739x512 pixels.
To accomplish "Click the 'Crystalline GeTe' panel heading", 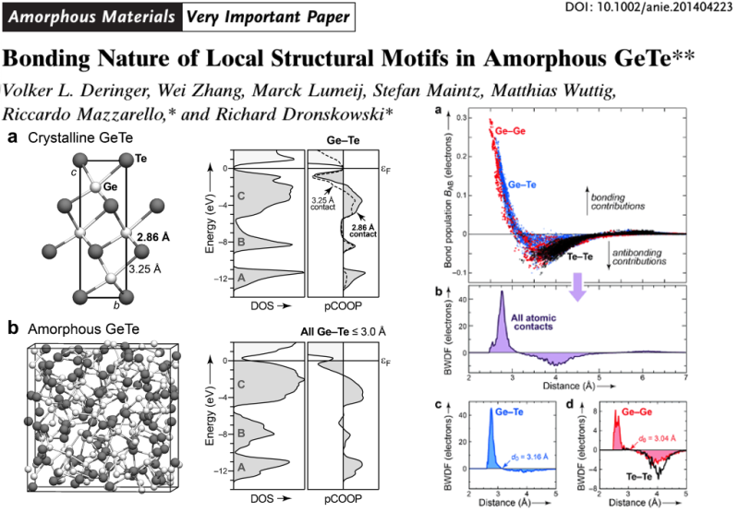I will coord(75,137).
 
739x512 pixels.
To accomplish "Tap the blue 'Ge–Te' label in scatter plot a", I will coord(527,185).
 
